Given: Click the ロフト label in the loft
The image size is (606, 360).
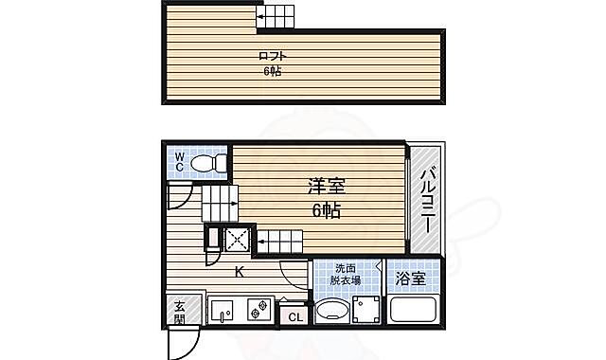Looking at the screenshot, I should (273, 55).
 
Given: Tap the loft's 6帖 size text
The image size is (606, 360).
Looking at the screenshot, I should (273, 72).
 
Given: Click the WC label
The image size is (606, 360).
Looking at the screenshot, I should (178, 162).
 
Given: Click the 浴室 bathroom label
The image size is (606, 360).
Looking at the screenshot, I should (410, 279).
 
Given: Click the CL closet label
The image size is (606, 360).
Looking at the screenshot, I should (294, 316).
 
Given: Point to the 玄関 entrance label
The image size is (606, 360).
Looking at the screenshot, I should (179, 312).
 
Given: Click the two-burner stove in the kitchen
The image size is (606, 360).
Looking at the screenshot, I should (257, 309).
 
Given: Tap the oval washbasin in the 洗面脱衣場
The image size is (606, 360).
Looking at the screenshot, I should (331, 312).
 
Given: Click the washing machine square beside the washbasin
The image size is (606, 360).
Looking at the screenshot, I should (366, 311).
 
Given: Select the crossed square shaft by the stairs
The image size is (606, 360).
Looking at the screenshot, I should (235, 241).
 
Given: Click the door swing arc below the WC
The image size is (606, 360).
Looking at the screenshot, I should (177, 198).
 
